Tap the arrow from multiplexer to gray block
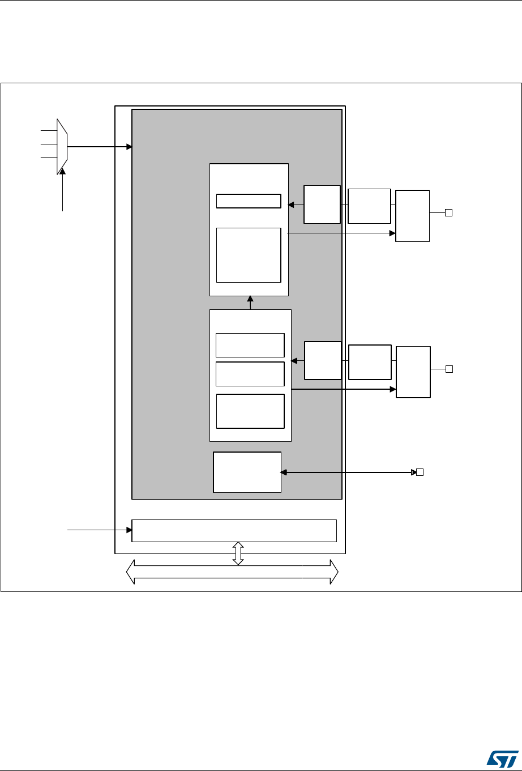tap(100, 147)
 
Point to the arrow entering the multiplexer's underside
tap(62, 190)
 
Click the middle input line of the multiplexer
tap(49, 144)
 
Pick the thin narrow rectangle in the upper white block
tap(249, 201)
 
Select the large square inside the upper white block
tap(249, 255)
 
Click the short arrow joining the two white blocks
tap(250, 303)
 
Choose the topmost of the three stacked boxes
tap(250, 345)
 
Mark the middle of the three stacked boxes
tap(250, 374)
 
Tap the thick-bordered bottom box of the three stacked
tap(250, 411)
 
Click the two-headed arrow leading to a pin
tap(348, 472)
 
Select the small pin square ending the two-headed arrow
tap(420, 472)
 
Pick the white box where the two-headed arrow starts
tap(247, 472)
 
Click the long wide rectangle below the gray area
tap(234, 530)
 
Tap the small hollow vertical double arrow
tap(238, 553)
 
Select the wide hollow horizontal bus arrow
tap(232, 572)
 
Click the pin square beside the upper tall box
tap(448, 213)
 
